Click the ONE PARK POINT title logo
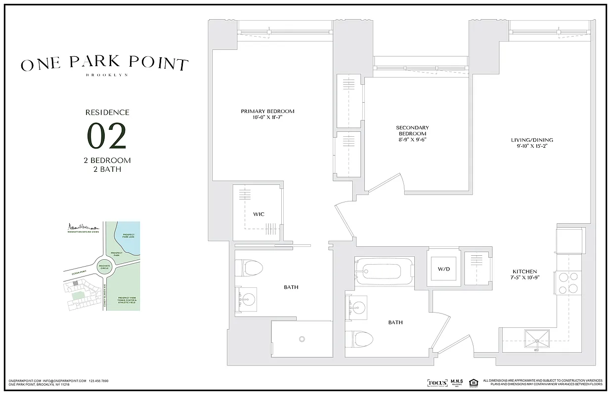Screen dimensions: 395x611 pyautogui.click(x=104, y=64)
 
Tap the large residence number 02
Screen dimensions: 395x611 pyautogui.click(x=107, y=136)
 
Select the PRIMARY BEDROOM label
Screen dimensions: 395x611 pyautogui.click(x=267, y=111)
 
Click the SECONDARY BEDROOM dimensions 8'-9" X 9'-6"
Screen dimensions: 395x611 pyautogui.click(x=412, y=139)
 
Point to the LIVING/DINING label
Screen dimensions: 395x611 pyautogui.click(x=532, y=140)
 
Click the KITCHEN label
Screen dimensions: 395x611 pyautogui.click(x=524, y=272)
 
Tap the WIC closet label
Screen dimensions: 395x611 pyautogui.click(x=259, y=214)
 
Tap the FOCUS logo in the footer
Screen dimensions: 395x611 pyautogui.click(x=437, y=383)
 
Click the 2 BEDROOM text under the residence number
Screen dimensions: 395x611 pyautogui.click(x=107, y=160)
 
